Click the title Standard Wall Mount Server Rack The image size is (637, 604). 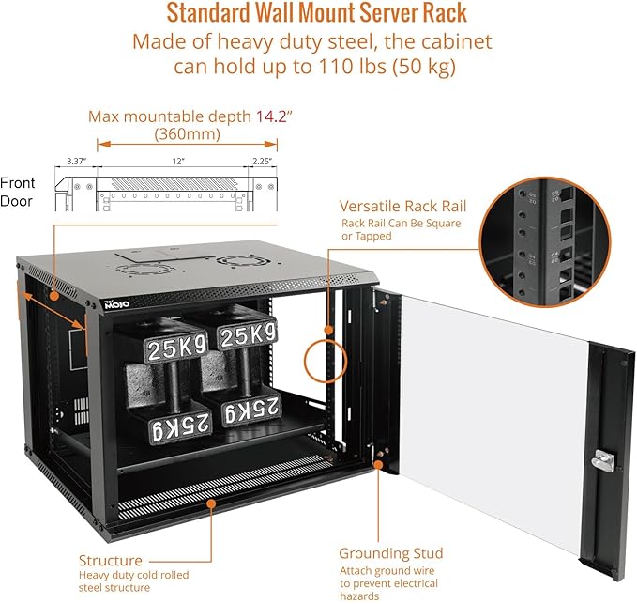317,14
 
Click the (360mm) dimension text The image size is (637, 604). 188,134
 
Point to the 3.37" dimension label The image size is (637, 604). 76,162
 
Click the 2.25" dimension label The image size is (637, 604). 259,162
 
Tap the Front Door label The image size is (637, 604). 18,192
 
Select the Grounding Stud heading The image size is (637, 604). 390,553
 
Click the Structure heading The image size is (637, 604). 111,560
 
